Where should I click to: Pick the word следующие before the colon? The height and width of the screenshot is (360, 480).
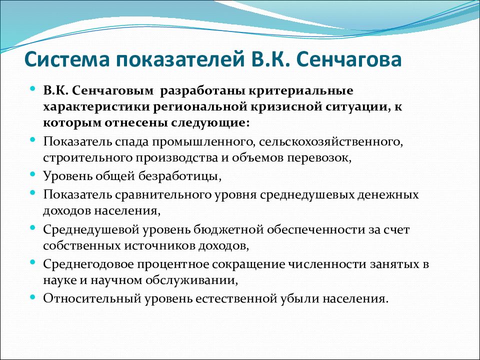click(207, 123)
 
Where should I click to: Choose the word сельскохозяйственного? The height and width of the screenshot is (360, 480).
click(331, 141)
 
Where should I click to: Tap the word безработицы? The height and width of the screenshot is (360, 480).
click(180, 176)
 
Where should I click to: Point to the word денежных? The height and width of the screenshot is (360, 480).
click(388, 194)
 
